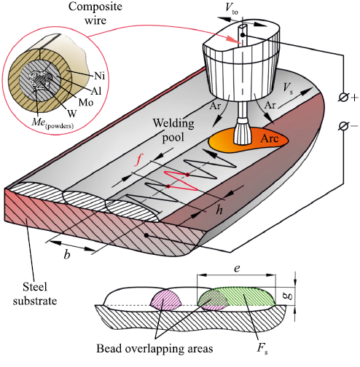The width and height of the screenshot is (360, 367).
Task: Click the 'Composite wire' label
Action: [x=95, y=13]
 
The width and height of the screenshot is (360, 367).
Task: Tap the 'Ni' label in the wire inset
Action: [x=99, y=76]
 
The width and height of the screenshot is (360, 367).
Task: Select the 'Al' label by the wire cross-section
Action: [x=96, y=91]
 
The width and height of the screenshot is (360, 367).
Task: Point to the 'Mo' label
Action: [x=86, y=103]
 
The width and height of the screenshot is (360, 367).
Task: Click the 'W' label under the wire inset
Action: [x=72, y=114]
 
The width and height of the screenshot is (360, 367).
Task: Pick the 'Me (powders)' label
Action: [x=52, y=123]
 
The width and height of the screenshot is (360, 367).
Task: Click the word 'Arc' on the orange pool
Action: [x=270, y=138]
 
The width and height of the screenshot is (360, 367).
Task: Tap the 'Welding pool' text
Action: [x=173, y=130]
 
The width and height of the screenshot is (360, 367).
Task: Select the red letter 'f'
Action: [x=138, y=159]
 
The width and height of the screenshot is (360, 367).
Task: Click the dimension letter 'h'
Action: [x=219, y=210]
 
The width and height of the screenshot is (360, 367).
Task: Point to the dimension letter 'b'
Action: [x=67, y=254]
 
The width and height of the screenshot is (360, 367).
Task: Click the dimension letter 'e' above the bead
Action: [x=237, y=269]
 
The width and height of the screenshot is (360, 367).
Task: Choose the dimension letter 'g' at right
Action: [x=289, y=296]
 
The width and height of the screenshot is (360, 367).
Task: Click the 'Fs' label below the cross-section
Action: [x=262, y=349]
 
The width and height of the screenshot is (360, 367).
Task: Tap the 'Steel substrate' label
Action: [x=35, y=294]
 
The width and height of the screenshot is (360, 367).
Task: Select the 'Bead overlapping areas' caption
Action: [x=154, y=349]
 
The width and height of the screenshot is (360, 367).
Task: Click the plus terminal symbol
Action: [x=348, y=98]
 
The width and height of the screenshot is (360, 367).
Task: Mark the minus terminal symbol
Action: [x=348, y=126]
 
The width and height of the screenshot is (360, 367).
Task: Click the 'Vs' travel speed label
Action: [x=288, y=88]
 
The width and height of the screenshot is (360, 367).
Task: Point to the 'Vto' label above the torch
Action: [x=232, y=9]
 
